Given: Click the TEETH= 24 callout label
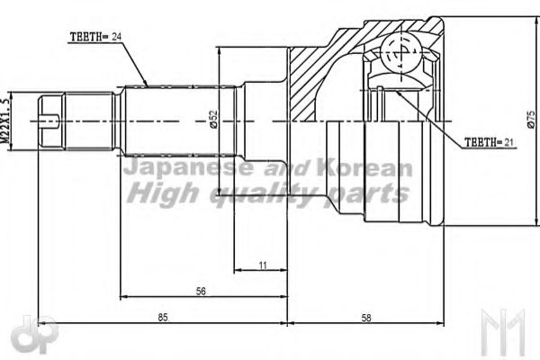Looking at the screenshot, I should (x=94, y=37).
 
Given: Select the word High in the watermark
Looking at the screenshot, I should (x=157, y=193).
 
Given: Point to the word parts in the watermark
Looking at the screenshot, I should (x=372, y=193).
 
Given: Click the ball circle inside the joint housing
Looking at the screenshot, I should (x=397, y=52).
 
